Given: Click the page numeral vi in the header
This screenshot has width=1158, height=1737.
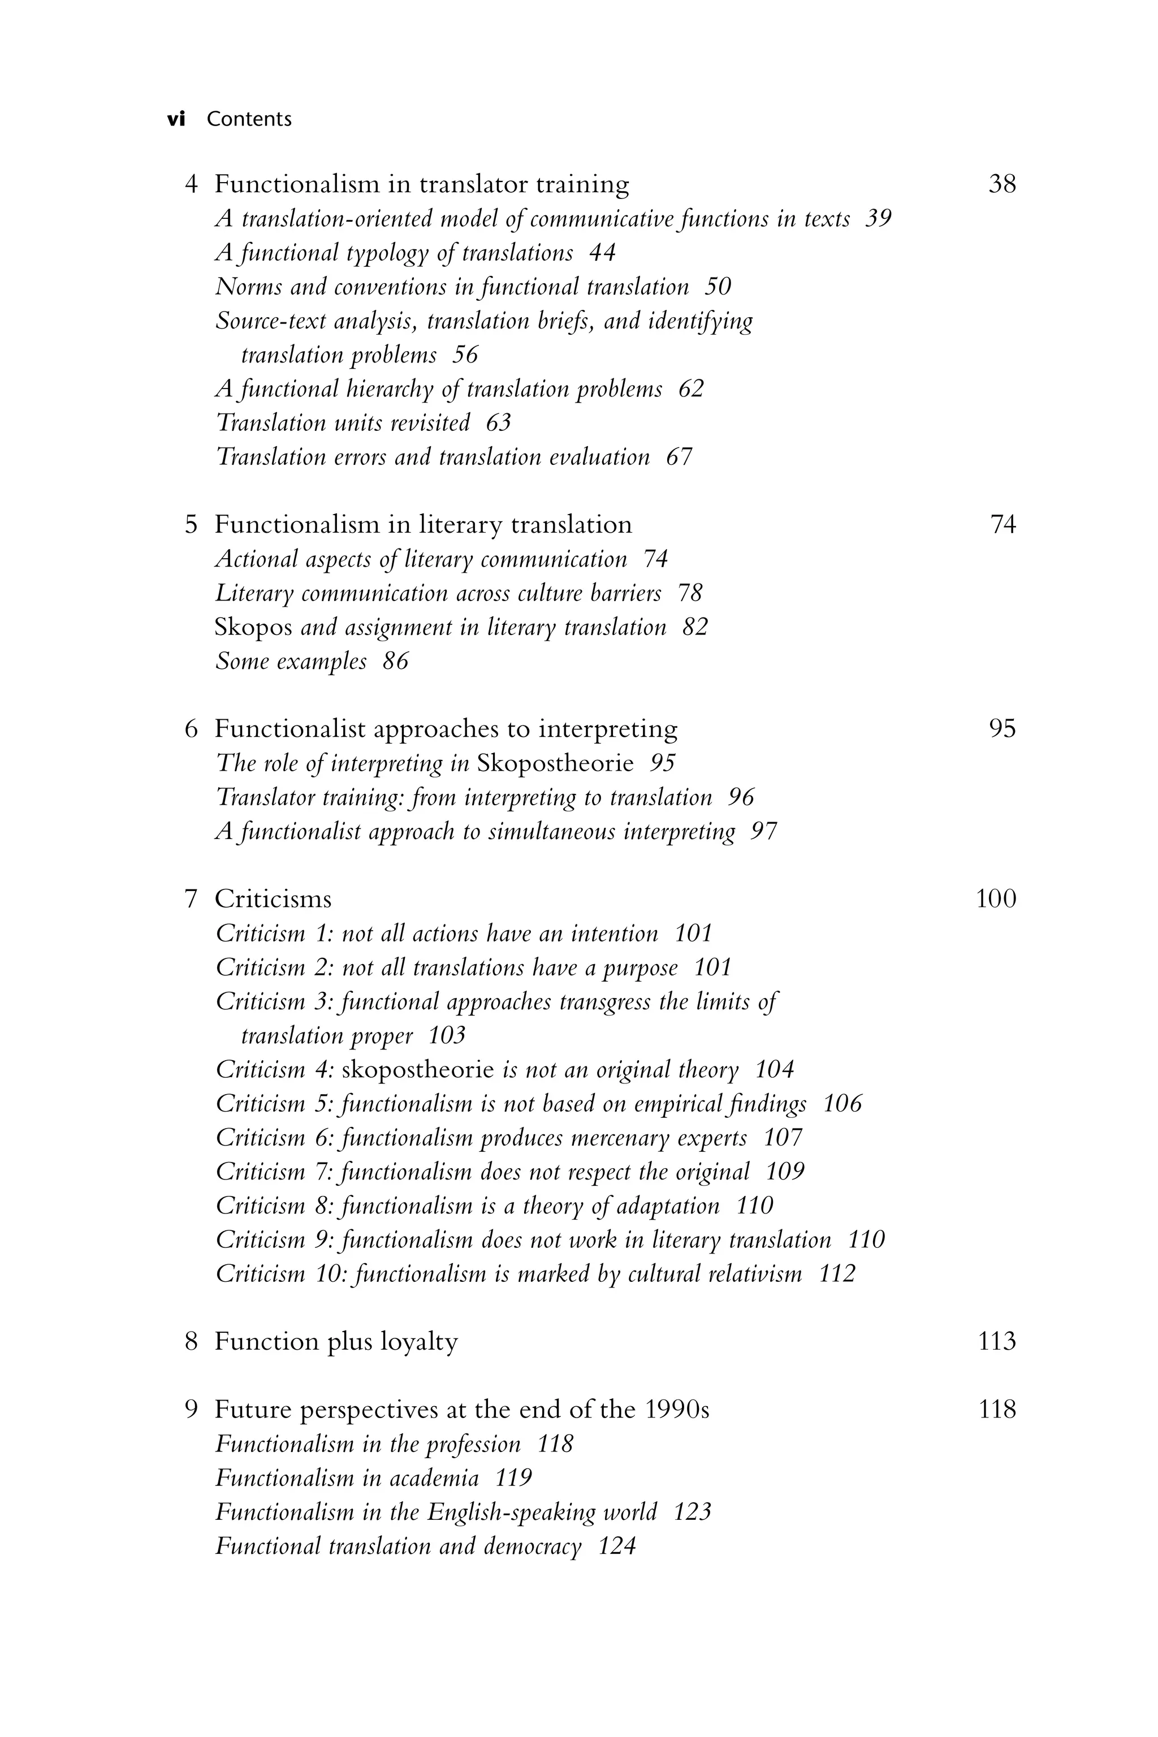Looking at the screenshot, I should [x=176, y=119].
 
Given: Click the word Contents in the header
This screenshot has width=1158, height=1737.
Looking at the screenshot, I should [x=249, y=119].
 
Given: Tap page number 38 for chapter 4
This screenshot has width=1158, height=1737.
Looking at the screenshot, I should [x=1002, y=184].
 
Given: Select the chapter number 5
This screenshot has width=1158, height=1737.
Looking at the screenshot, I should [x=191, y=525].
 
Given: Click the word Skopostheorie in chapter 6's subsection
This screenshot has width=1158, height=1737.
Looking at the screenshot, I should [x=555, y=763].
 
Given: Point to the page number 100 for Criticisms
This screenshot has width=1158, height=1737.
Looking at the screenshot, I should [x=996, y=899].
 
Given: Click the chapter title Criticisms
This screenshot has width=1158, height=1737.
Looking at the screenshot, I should [x=273, y=899].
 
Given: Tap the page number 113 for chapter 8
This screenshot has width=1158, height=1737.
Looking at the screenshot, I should [x=996, y=1342].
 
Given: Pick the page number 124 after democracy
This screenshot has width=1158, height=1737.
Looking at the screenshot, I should [x=617, y=1546].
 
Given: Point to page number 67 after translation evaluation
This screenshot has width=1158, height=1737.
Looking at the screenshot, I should [x=680, y=457].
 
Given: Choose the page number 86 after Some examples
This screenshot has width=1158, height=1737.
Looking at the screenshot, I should [x=395, y=662].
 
